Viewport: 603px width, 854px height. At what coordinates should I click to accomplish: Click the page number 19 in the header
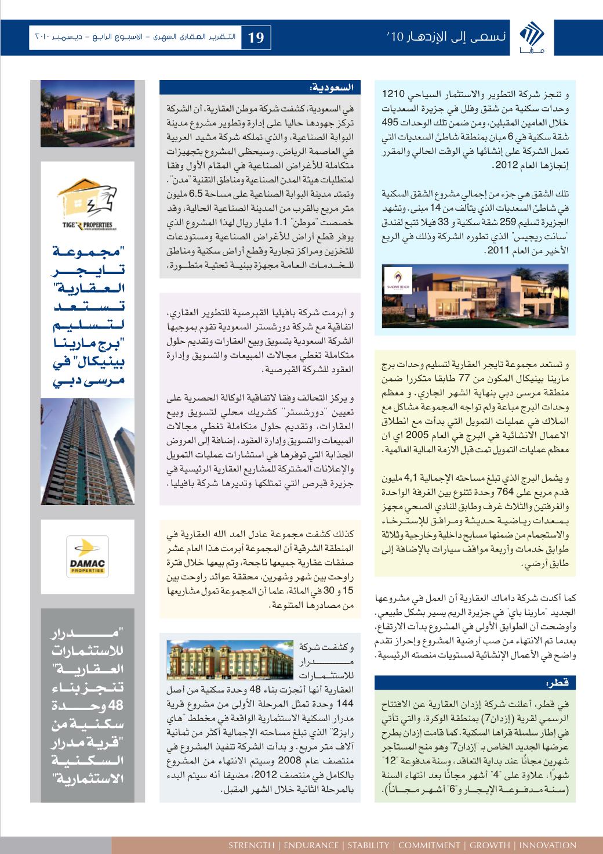[x=256, y=38]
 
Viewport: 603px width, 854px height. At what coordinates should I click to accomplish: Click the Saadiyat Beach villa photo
[x=475, y=296]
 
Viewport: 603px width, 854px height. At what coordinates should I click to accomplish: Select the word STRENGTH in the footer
[x=250, y=845]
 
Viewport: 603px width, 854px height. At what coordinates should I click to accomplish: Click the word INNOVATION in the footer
[x=547, y=845]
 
